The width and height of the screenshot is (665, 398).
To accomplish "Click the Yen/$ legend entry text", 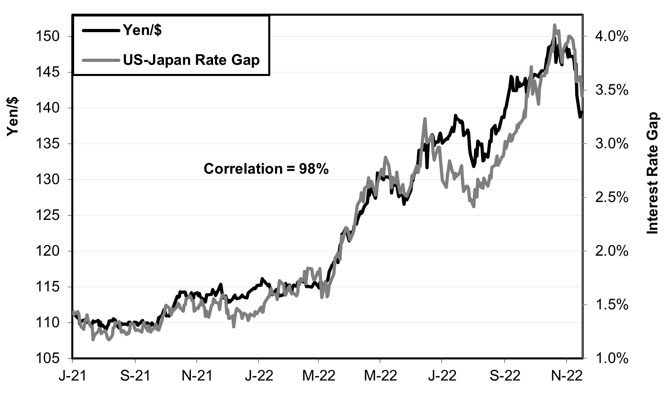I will tap(142, 31).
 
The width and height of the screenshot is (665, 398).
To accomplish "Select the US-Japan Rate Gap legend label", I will tap(192, 60).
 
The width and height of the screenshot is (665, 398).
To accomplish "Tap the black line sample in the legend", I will tap(101, 31).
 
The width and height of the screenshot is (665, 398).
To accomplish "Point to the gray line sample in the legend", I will tap(101, 60).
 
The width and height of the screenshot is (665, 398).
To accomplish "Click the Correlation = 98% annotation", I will tap(266, 169).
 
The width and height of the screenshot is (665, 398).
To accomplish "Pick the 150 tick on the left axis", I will tap(48, 37).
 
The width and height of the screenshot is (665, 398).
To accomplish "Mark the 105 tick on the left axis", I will tap(48, 359).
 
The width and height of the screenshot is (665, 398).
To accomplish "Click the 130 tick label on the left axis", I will tap(48, 180).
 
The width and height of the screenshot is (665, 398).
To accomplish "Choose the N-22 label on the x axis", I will tap(567, 376).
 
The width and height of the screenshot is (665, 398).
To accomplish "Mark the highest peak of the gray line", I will tap(555, 25).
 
